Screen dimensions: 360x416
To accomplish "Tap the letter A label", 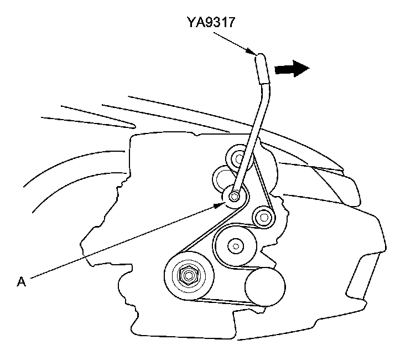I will click(22, 282).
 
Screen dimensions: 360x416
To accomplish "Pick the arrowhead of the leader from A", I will click(221, 205).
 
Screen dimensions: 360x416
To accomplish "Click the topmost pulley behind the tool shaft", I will click(240, 159).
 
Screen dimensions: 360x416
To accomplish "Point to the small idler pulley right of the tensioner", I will click(263, 216).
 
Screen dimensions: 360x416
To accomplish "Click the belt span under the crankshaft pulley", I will click(221, 302).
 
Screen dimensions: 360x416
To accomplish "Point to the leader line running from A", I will click(122, 244).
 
